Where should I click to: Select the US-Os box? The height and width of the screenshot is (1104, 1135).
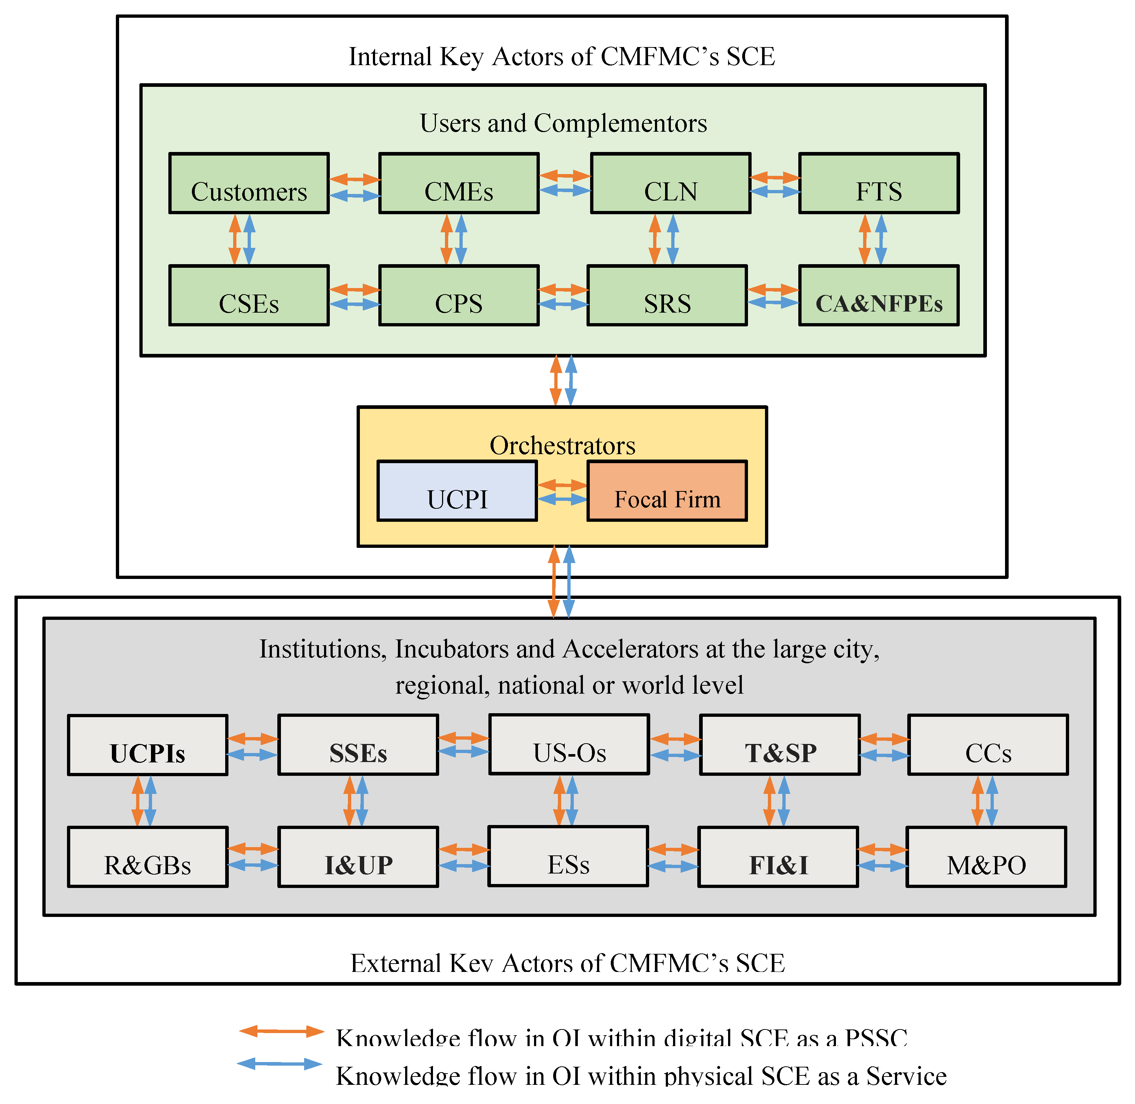pyautogui.click(x=569, y=745)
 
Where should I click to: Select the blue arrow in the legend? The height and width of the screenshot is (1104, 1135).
pyautogui.click(x=280, y=1064)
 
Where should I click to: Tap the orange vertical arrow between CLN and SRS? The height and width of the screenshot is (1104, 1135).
pyautogui.click(x=655, y=240)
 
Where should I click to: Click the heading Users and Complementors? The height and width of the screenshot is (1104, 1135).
pyautogui.click(x=563, y=123)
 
